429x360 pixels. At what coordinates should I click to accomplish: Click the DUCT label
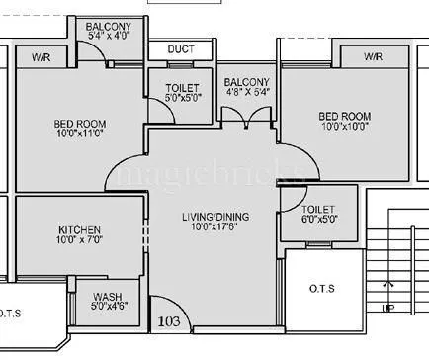(180, 49)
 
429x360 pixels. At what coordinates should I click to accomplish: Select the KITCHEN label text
(79, 231)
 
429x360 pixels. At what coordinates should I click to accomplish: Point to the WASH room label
(107, 297)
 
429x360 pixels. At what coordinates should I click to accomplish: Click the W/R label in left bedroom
(42, 56)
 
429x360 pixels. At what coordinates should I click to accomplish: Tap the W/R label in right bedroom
(373, 56)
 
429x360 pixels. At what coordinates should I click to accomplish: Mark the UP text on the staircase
(391, 309)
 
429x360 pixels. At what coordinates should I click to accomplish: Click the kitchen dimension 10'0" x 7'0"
(79, 242)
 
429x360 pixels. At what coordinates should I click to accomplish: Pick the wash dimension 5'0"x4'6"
(107, 307)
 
